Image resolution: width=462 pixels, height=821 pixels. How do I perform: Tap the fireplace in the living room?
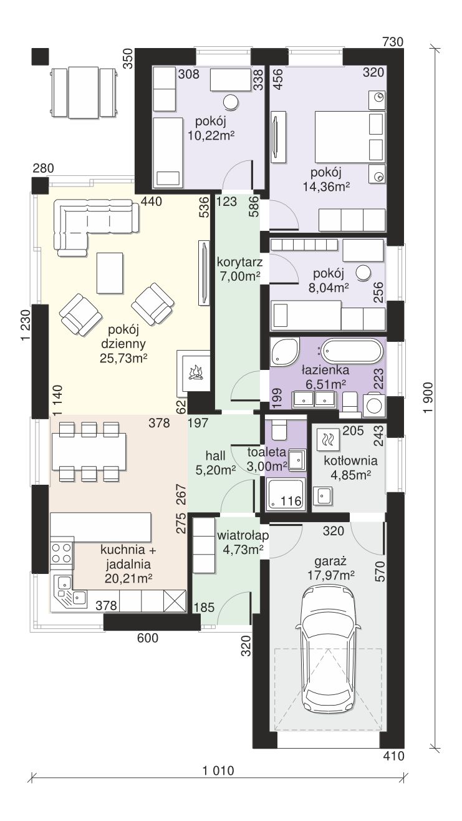pyautogui.click(x=193, y=371)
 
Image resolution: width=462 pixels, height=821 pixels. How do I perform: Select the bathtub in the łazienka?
pyautogui.click(x=352, y=351)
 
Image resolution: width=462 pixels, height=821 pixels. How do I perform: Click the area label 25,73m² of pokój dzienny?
pyautogui.click(x=123, y=358)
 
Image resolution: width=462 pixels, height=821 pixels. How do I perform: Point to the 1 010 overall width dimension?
pyautogui.click(x=218, y=770)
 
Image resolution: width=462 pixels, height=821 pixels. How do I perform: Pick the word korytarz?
pyautogui.click(x=239, y=262)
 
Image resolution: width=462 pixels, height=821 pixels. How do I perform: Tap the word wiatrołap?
pyautogui.click(x=243, y=535)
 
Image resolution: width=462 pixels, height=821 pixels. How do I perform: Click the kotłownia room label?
pyautogui.click(x=350, y=460)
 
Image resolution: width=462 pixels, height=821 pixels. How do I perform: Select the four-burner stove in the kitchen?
pyautogui.click(x=61, y=553)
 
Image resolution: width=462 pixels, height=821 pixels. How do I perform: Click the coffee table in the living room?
pyautogui.click(x=110, y=273)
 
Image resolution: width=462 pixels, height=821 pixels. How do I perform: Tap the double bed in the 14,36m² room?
pyautogui.click(x=350, y=137)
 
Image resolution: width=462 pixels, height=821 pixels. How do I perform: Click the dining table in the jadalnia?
pyautogui.click(x=89, y=451)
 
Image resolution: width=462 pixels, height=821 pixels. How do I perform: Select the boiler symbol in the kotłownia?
pyautogui.click(x=327, y=439)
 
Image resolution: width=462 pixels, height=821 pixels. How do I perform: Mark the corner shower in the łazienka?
pyautogui.click(x=284, y=352)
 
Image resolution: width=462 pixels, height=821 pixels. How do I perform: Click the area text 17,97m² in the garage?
pyautogui.click(x=330, y=575)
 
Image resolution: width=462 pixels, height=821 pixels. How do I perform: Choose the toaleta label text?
pyautogui.click(x=266, y=452)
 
